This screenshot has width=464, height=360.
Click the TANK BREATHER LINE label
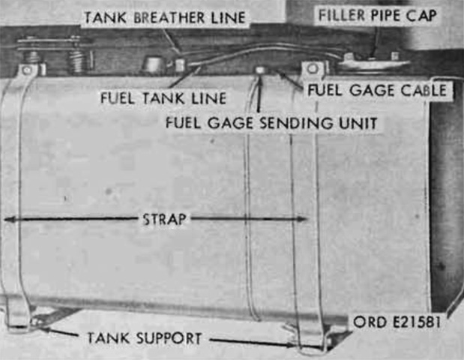(x=165, y=17)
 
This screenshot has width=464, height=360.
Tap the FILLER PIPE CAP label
(x=377, y=16)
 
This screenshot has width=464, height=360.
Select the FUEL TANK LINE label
(x=163, y=98)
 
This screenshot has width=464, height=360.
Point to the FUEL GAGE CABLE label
(x=377, y=90)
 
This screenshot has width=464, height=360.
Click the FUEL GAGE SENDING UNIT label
(x=271, y=123)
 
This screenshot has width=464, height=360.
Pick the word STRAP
(x=164, y=219)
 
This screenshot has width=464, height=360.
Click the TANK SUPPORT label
(x=145, y=338)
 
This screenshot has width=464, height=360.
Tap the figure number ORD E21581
(x=397, y=322)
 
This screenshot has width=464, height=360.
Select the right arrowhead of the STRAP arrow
(x=303, y=219)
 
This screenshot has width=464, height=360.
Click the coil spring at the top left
(x=77, y=61)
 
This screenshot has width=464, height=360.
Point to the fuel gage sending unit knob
(x=260, y=70)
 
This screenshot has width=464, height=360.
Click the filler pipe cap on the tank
(x=374, y=63)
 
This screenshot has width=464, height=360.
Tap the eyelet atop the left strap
(x=27, y=70)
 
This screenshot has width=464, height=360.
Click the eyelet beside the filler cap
(x=312, y=69)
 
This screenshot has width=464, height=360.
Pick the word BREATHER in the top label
(x=169, y=17)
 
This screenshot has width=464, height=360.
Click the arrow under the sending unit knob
(x=259, y=94)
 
